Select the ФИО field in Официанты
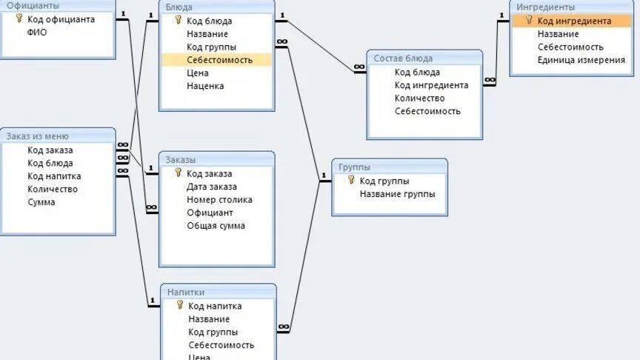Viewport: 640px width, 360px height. click(36, 33)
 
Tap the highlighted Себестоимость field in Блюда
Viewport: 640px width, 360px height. click(219, 60)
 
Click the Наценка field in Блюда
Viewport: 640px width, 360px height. click(205, 86)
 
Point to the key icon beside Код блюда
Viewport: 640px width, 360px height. click(178, 21)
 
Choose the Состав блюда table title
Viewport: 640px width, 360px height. click(403, 58)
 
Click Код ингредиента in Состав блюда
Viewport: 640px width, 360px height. click(431, 85)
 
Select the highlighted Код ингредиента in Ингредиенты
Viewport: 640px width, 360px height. click(574, 21)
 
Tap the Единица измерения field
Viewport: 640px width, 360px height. click(581, 60)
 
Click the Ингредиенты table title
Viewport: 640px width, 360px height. click(545, 7)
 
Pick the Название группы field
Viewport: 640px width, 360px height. click(397, 194)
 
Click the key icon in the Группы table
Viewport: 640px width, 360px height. click(350, 180)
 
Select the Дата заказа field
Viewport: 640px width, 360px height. click(212, 187)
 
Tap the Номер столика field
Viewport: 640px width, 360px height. click(219, 200)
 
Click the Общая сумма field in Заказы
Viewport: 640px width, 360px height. click(216, 226)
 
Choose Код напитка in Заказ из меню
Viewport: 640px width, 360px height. click(54, 176)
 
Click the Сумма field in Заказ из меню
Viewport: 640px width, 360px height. click(41, 202)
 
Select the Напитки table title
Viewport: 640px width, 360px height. click(185, 293)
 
